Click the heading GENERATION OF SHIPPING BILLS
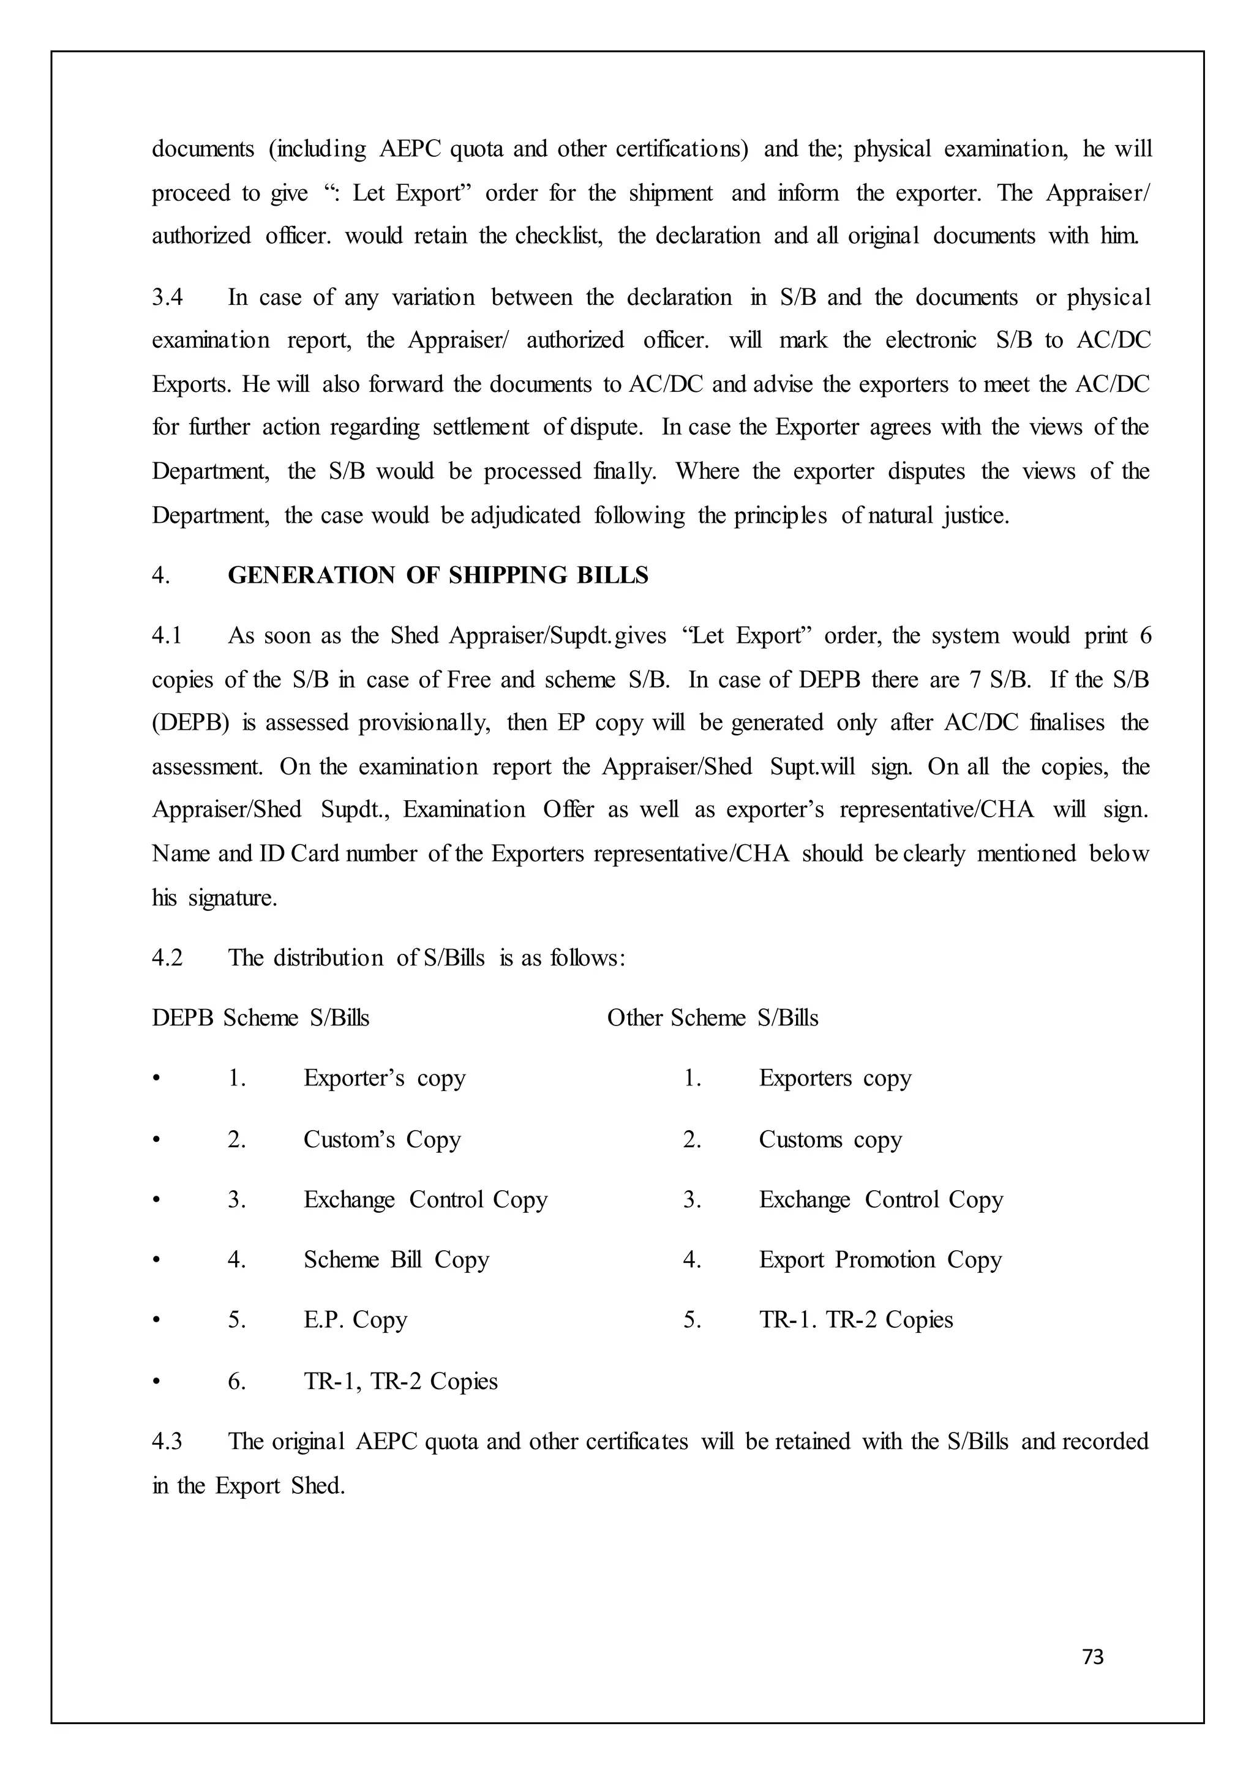click(438, 575)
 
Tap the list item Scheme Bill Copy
click(396, 1259)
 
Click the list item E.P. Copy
click(355, 1320)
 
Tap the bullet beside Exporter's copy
click(157, 1079)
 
